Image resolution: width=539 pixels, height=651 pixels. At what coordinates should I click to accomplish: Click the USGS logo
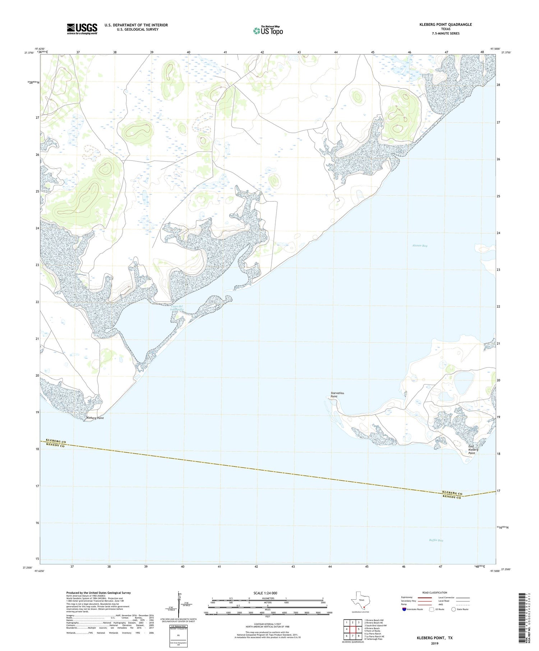(x=82, y=29)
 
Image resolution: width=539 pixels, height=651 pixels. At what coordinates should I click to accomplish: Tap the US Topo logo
(x=268, y=31)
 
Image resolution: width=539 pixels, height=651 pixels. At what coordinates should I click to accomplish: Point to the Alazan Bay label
(x=419, y=246)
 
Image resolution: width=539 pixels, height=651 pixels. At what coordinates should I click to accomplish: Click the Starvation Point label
(x=337, y=395)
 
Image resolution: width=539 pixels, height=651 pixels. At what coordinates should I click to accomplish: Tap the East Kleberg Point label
(x=473, y=450)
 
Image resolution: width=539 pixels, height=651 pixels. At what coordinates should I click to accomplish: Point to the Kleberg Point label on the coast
(x=95, y=418)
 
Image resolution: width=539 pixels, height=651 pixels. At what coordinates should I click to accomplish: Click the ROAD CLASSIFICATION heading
(x=434, y=592)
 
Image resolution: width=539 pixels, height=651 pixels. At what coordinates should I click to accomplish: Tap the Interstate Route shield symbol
(x=405, y=609)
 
